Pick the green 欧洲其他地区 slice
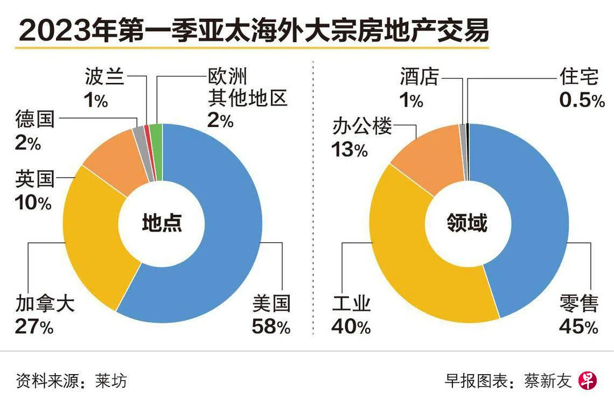click(x=156, y=136)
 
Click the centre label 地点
click(x=162, y=223)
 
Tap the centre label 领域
click(x=468, y=223)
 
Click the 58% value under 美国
click(x=271, y=327)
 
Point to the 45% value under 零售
click(x=578, y=327)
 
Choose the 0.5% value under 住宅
click(x=582, y=101)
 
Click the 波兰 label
click(x=104, y=79)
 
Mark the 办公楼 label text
click(x=361, y=128)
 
